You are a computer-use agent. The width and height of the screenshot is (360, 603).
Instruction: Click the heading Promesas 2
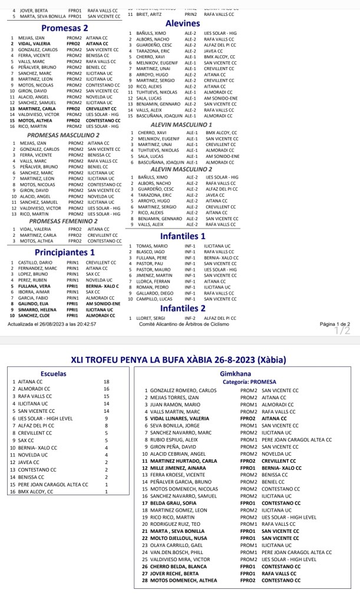[x=65, y=28]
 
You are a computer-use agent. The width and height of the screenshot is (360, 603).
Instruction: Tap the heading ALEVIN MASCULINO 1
[x=181, y=125]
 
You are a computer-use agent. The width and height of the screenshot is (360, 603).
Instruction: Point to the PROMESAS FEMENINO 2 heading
[x=64, y=221]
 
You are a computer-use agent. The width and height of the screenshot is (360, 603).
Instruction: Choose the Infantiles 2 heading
[x=183, y=307]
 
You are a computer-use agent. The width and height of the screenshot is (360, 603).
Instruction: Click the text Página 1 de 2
[x=335, y=324]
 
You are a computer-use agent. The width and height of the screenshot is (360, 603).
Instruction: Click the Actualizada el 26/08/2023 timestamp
[x=52, y=324]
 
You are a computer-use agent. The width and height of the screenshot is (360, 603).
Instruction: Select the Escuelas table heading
[x=54, y=373]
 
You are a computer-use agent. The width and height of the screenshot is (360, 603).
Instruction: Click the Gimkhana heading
[x=235, y=373]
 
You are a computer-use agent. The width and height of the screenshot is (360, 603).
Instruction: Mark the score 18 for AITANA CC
[x=107, y=382]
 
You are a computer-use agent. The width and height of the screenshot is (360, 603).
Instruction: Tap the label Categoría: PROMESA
[x=235, y=382]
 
